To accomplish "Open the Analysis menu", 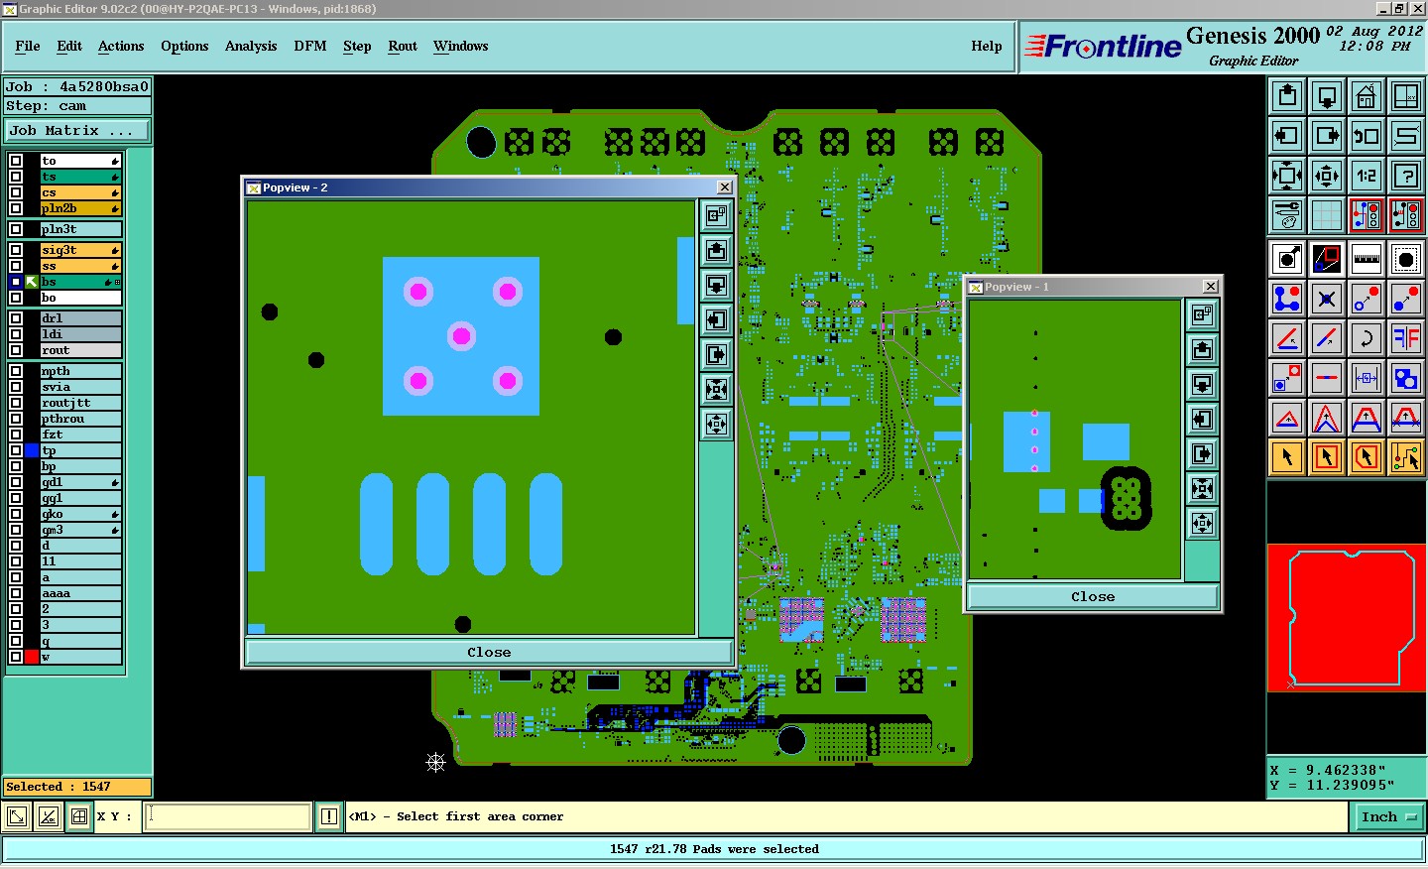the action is [251, 46].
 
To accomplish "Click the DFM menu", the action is [309, 46].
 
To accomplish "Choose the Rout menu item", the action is [403, 46].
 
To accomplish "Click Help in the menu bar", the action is [986, 46].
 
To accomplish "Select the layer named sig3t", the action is [80, 250].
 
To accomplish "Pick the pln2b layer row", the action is [80, 208].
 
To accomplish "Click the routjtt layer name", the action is [66, 403].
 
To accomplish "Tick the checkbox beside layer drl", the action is [16, 318].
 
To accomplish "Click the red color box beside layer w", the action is [32, 657].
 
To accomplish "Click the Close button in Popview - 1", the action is [1093, 597].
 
